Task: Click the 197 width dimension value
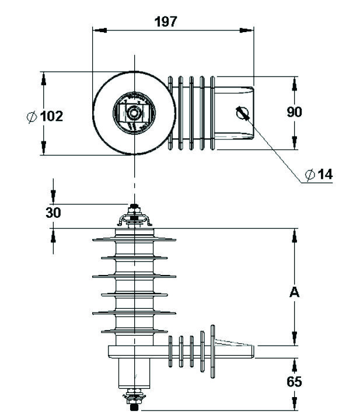[166, 22]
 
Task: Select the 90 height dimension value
[294, 112]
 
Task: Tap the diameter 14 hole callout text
[324, 174]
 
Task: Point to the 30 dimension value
[53, 213]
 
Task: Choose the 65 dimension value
[294, 382]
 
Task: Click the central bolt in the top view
[134, 113]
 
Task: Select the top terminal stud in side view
[134, 207]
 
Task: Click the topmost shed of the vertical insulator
[134, 239]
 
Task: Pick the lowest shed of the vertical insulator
[134, 331]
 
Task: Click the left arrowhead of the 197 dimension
[97, 29]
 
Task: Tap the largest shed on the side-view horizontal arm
[205, 350]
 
